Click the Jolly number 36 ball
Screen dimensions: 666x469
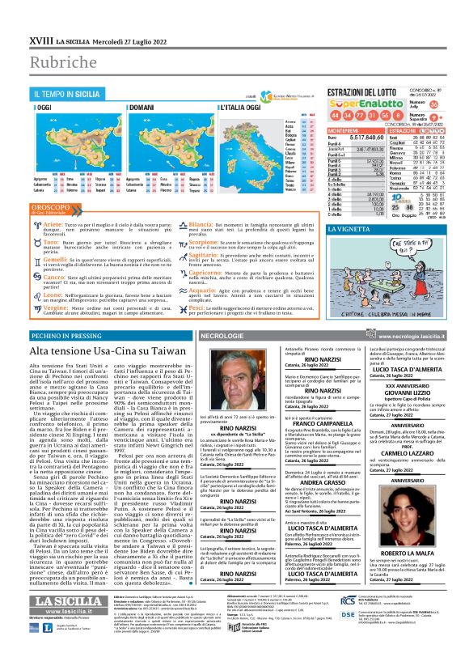tap(434, 105)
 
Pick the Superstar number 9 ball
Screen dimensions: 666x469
tap(434, 117)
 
